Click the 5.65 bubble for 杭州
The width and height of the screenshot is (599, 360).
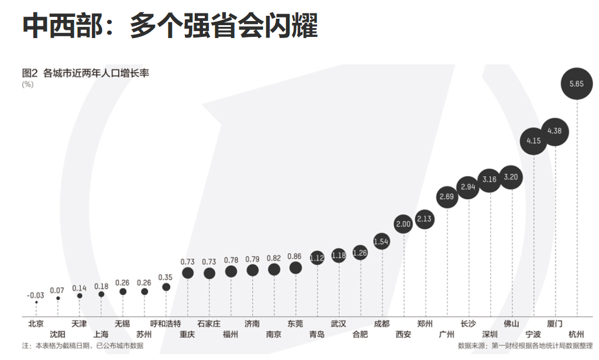tap(576, 84)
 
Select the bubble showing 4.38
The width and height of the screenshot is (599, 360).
tap(554, 131)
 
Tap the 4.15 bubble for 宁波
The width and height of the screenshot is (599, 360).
tap(533, 140)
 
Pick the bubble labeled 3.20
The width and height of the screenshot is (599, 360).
tap(511, 177)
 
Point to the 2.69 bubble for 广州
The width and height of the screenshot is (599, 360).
tap(447, 197)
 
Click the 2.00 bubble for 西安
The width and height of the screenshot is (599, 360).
tap(404, 224)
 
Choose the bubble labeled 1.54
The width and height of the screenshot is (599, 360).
tap(381, 241)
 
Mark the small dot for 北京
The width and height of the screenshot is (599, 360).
tap(36, 302)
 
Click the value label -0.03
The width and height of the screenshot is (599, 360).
tap(36, 294)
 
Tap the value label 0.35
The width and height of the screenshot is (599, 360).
tap(166, 277)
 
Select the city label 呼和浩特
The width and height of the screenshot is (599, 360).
tap(166, 324)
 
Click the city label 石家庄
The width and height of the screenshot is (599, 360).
tap(209, 324)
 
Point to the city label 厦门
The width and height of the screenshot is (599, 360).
tap(555, 324)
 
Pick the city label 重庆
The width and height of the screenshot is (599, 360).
tap(187, 335)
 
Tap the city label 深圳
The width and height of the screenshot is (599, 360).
tap(490, 335)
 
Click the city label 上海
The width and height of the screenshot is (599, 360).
tap(101, 335)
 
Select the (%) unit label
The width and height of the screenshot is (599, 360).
tap(27, 84)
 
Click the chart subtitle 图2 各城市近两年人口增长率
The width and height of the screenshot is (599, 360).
tap(85, 73)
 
